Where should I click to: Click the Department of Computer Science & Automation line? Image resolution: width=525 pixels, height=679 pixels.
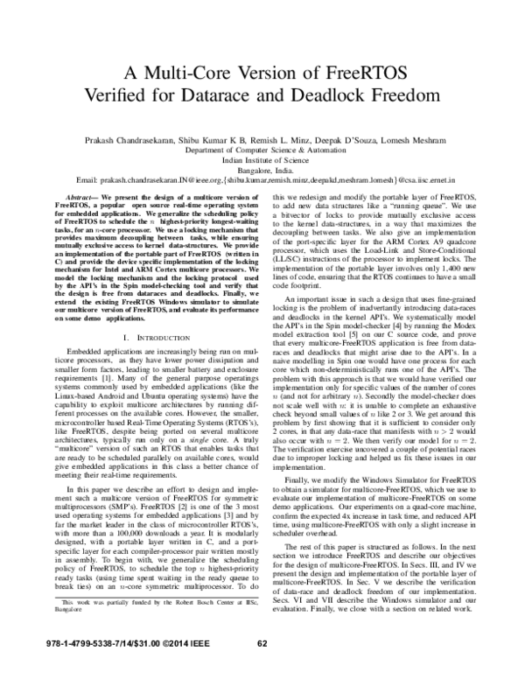click(x=262, y=150)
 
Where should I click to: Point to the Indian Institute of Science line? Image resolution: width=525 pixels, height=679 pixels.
click(x=262, y=161)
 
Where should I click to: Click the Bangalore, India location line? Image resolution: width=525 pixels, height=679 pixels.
click(x=262, y=171)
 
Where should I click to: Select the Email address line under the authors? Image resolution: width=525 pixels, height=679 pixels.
click(x=262, y=182)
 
